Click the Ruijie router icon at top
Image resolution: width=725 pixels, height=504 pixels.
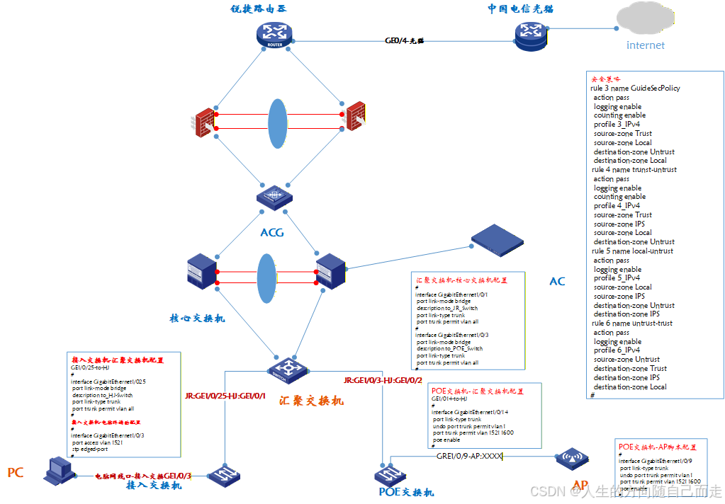(274, 35)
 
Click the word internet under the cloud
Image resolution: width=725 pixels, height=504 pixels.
(646, 45)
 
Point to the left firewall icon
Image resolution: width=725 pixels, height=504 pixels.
(204, 122)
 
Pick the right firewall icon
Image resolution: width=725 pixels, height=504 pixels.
(354, 117)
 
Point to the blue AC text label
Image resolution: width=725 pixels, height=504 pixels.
(558, 282)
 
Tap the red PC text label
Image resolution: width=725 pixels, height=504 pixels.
(16, 473)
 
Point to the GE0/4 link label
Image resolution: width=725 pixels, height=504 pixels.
(404, 41)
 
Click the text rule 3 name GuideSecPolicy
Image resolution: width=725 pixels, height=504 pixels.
(635, 88)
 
